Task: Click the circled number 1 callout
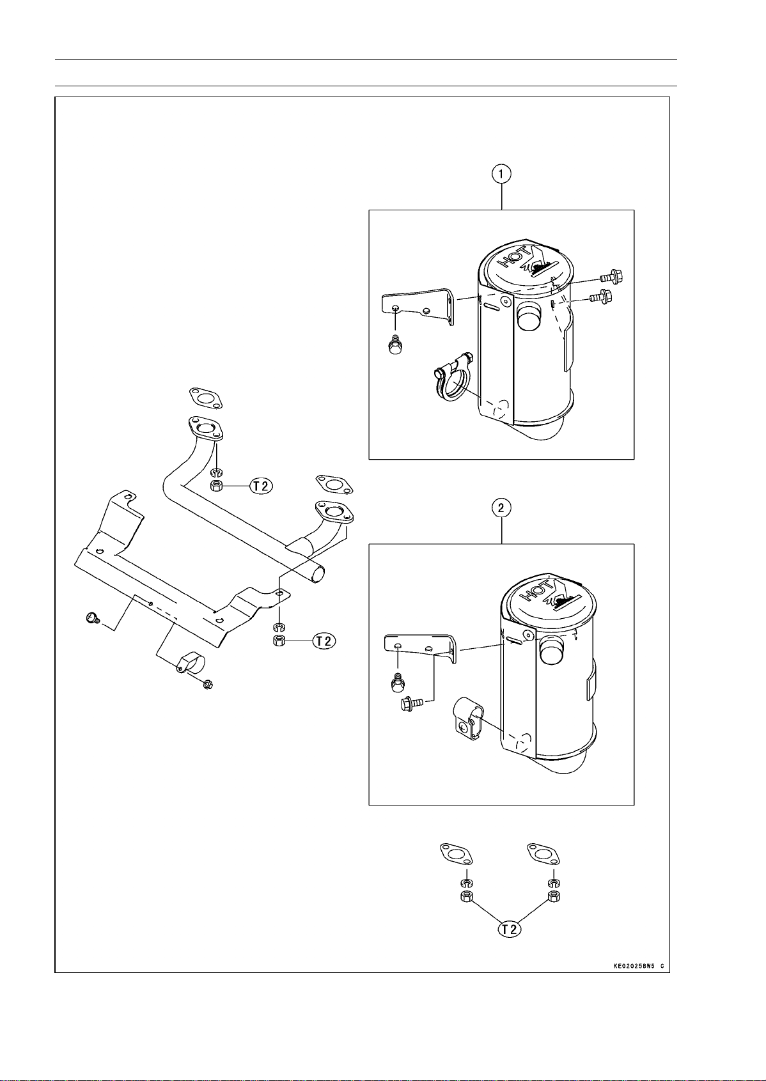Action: (x=502, y=173)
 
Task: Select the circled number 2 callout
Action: (x=502, y=508)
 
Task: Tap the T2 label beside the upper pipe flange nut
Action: (x=261, y=486)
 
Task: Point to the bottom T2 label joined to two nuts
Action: (x=510, y=929)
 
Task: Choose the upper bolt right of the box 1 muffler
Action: (x=611, y=277)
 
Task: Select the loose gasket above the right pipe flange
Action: (x=334, y=485)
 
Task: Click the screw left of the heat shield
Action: (x=92, y=618)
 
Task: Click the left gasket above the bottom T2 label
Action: (x=455, y=853)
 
